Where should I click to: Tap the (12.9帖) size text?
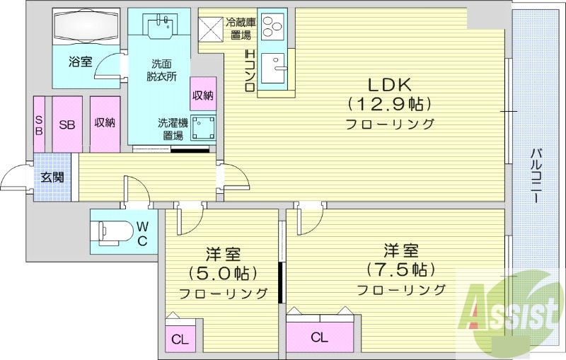pyautogui.click(x=388, y=103)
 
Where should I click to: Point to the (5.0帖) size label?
pyautogui.click(x=222, y=272)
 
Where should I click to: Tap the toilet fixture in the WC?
pyautogui.click(x=113, y=231)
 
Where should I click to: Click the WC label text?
pyautogui.click(x=141, y=233)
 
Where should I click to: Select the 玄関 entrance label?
pyautogui.click(x=52, y=177)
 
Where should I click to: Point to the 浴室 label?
pyautogui.click(x=80, y=62)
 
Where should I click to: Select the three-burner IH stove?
pyautogui.click(x=270, y=28)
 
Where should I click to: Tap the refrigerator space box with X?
pyautogui.click(x=212, y=28)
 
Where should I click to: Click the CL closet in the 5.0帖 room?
pyautogui.click(x=180, y=339)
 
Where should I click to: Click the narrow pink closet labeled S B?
pyautogui.click(x=39, y=124)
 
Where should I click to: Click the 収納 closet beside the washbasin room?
pyautogui.click(x=202, y=94)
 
